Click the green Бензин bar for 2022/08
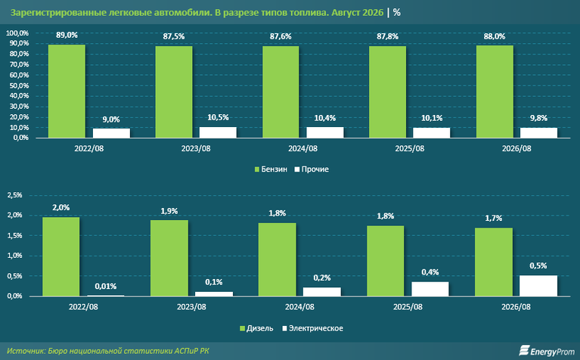tap(67, 91)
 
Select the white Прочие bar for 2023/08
tap(218, 132)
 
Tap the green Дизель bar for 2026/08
tap(494, 262)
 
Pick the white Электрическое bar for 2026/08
tap(538, 286)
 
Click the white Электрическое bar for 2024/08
tap(322, 291)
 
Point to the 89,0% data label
tap(67, 35)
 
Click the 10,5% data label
tap(218, 117)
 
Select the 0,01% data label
tap(106, 286)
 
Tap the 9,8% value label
tap(538, 118)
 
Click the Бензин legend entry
tap(271, 169)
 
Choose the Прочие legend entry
tap(312, 169)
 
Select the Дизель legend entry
tap(256, 328)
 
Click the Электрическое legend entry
tap(312, 328)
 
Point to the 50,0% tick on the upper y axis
tap(17, 85)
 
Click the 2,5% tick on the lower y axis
tap(15, 195)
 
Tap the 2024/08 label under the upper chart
tap(303, 148)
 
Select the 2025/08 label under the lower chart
tap(408, 307)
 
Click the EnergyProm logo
tap(546, 350)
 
